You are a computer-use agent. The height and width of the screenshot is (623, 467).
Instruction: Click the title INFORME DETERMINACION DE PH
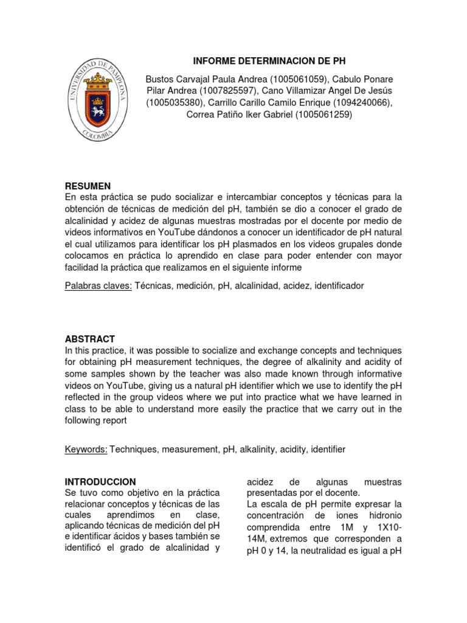(x=269, y=61)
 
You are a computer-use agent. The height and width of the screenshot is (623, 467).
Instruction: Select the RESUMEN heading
(x=88, y=186)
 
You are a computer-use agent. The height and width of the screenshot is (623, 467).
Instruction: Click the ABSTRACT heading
(x=90, y=339)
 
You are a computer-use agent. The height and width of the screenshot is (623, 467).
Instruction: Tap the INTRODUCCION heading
(x=100, y=481)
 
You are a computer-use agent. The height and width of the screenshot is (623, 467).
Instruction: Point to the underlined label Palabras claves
(x=99, y=285)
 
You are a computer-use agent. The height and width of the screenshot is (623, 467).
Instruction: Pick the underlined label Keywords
(x=86, y=449)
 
